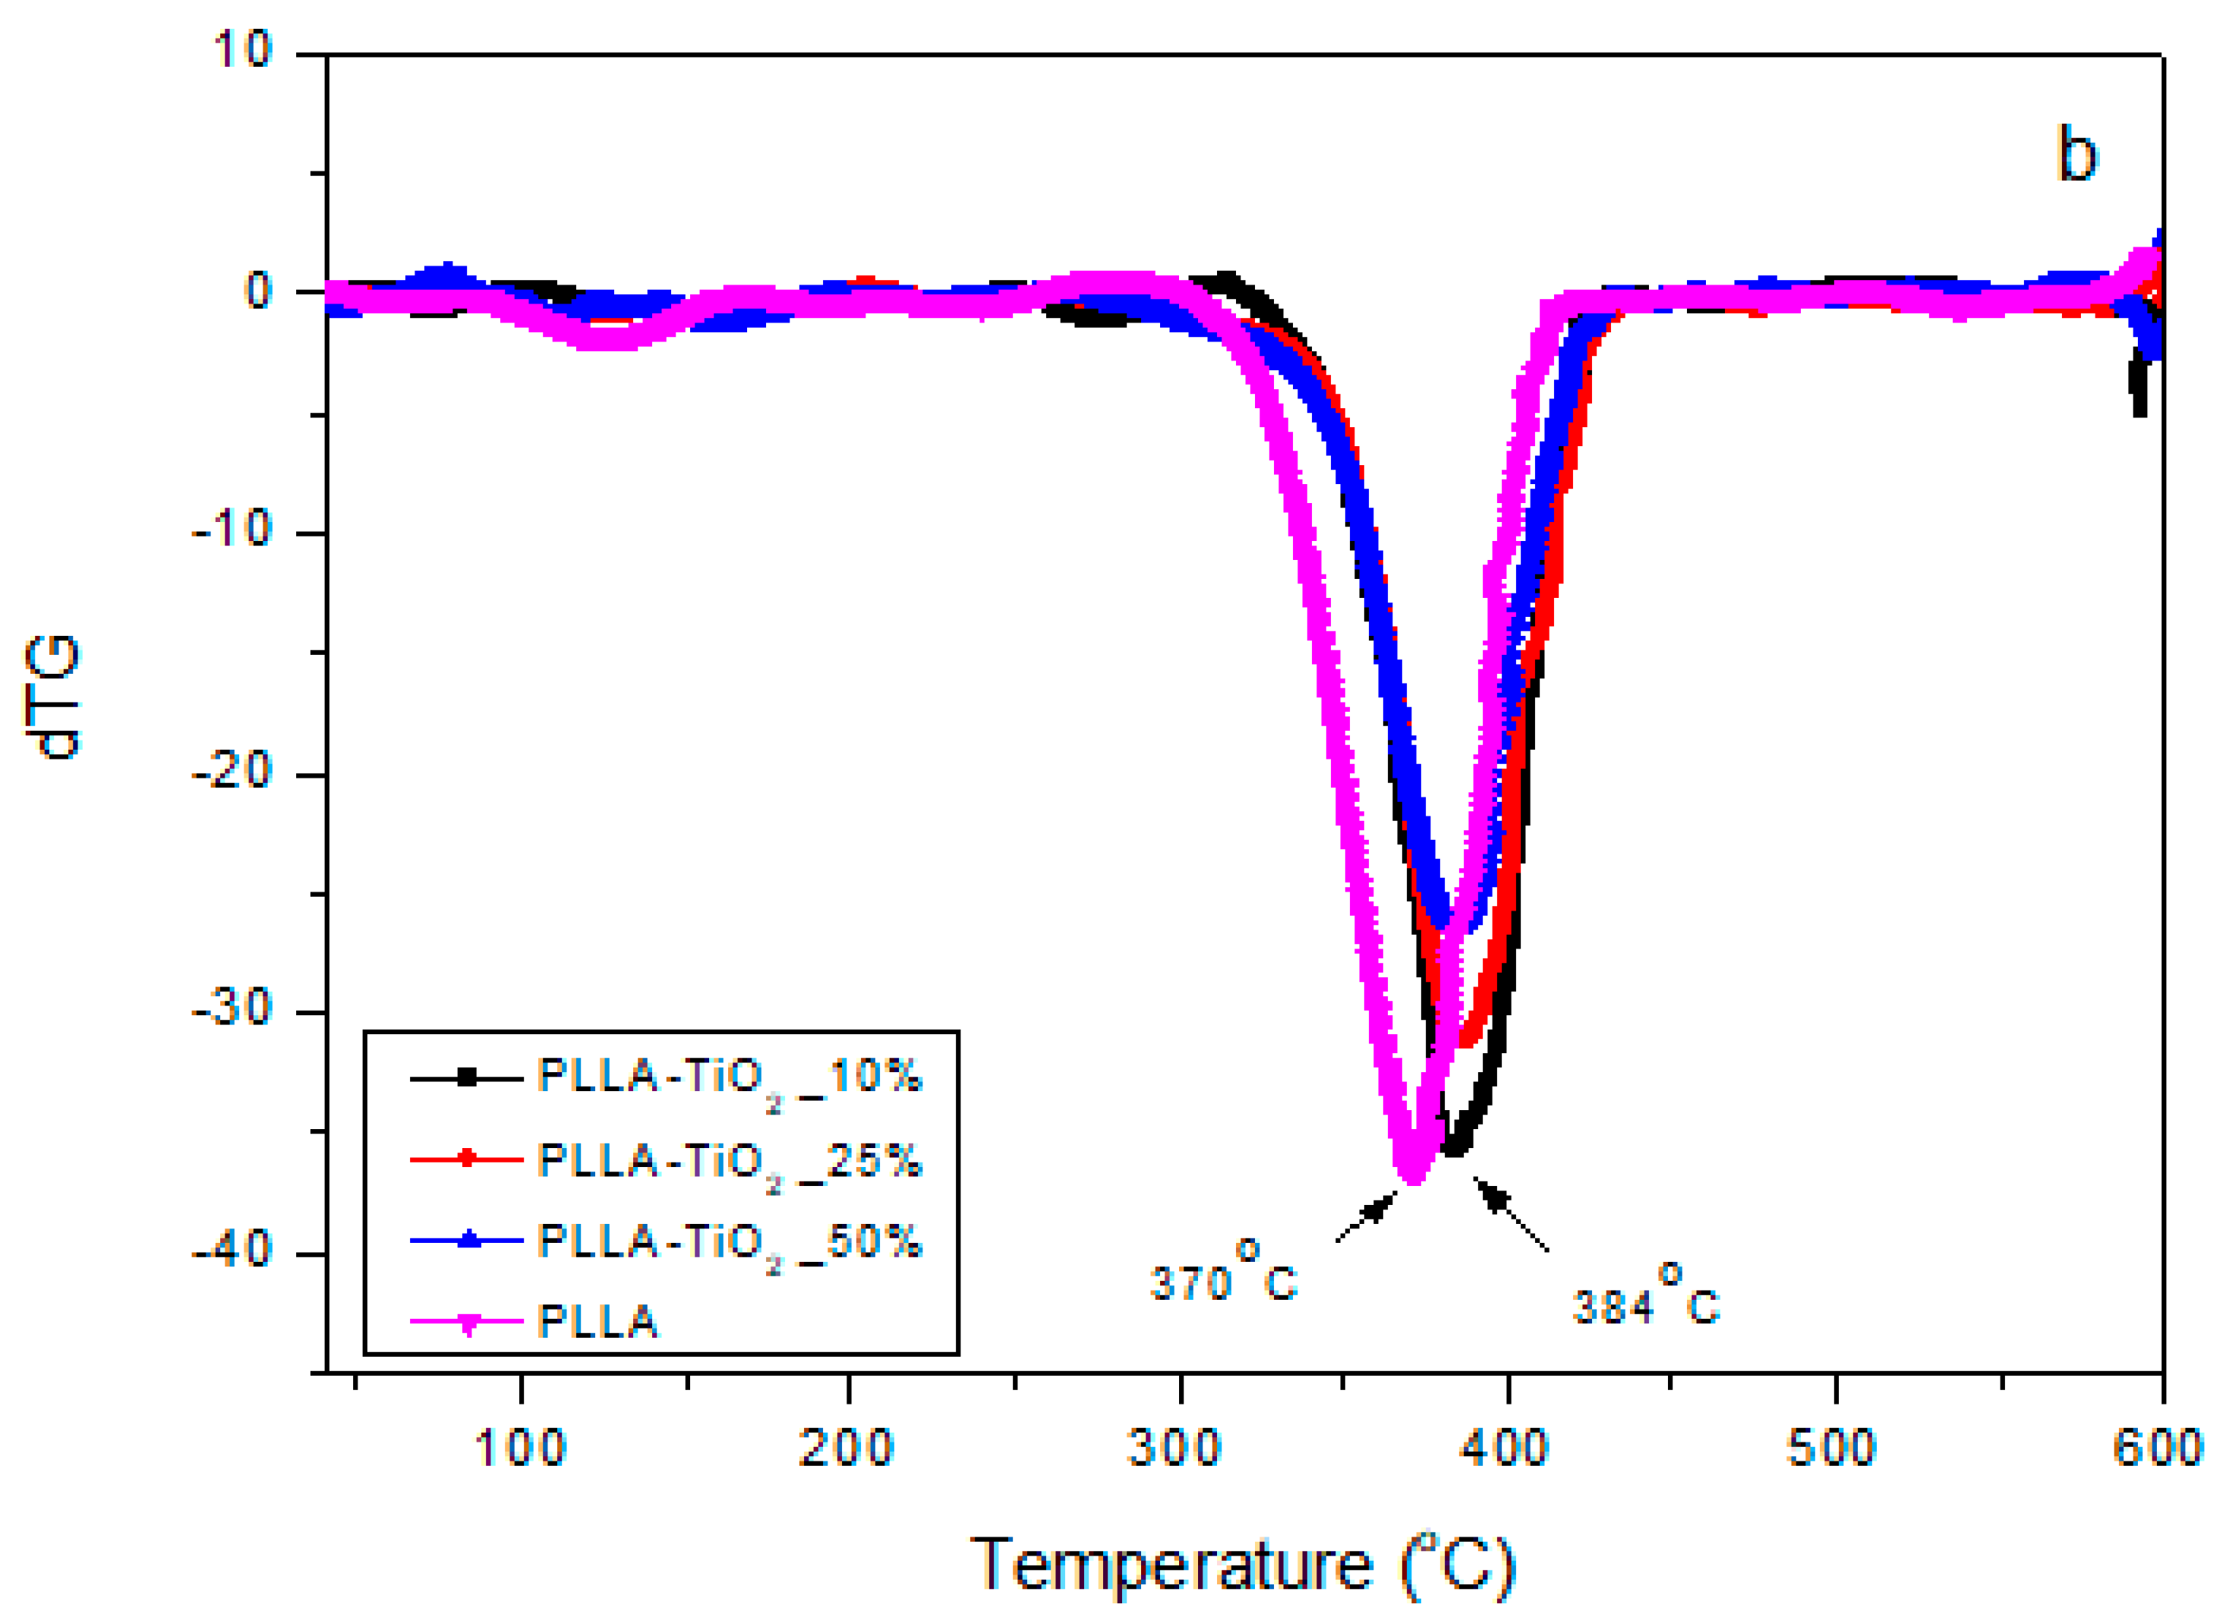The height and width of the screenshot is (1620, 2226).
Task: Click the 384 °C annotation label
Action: click(x=1645, y=1304)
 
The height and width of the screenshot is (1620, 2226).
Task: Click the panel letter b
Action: click(x=2076, y=155)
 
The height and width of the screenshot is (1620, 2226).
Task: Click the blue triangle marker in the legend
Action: click(x=468, y=1241)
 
